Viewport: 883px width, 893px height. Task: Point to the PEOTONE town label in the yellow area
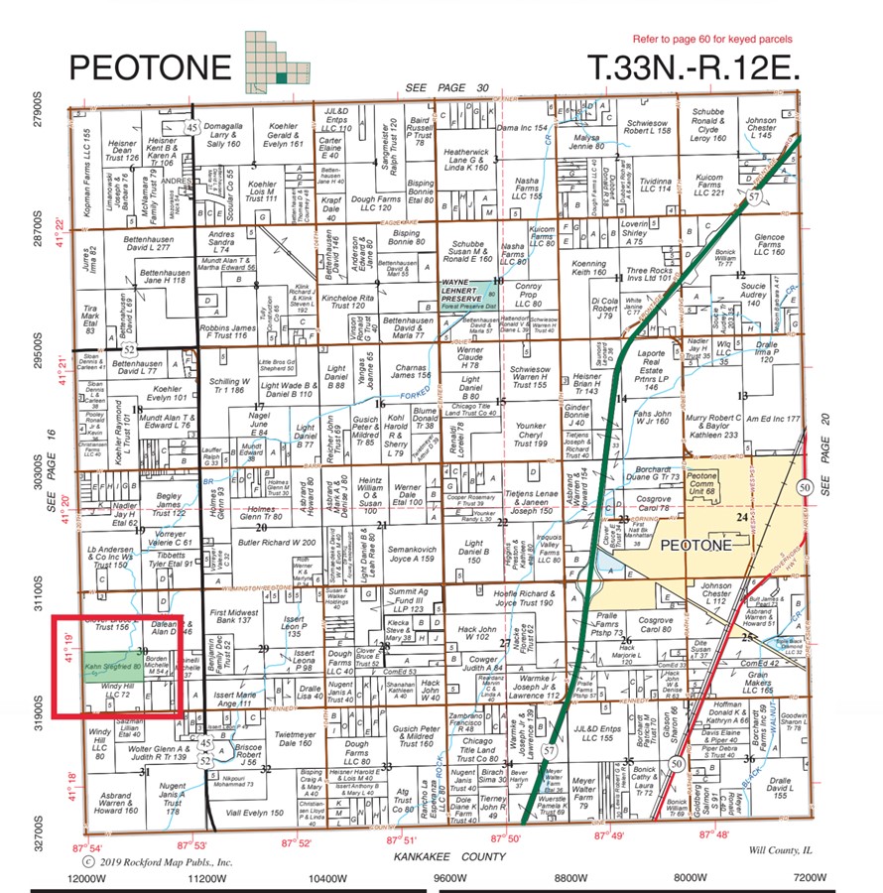click(x=694, y=546)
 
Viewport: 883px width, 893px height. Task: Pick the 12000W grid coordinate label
click(x=85, y=878)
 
